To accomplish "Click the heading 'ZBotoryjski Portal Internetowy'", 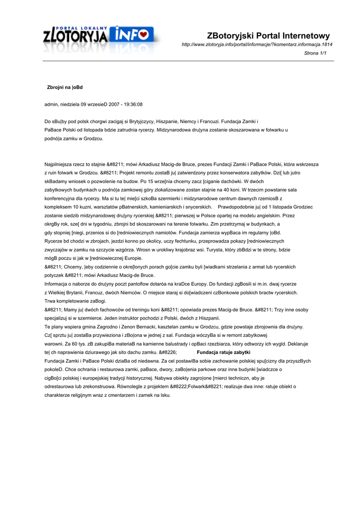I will (268, 36).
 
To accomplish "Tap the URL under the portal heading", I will (257, 45).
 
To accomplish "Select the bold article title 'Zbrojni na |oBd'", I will (65, 87).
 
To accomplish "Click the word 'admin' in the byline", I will (51, 105).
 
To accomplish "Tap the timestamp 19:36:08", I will (133, 105).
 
